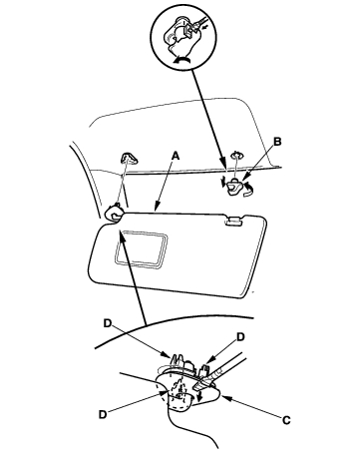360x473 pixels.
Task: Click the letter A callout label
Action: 176,156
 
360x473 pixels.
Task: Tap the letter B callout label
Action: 277,142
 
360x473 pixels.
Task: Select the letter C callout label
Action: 286,420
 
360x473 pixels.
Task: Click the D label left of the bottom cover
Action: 103,415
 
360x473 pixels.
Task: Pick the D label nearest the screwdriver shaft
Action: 240,337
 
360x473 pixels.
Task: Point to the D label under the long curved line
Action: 107,323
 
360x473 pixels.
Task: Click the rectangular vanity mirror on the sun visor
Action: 141,248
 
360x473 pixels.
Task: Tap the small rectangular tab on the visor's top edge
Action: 234,221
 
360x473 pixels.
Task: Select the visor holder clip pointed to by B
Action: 234,188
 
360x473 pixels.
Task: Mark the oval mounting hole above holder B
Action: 236,154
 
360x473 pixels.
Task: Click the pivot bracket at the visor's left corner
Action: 115,212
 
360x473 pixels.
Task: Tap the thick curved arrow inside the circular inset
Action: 181,59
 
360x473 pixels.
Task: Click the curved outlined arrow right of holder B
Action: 248,190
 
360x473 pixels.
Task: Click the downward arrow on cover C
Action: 199,395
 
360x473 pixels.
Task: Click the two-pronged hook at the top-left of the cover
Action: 177,360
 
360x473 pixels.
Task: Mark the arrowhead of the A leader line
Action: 156,208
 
